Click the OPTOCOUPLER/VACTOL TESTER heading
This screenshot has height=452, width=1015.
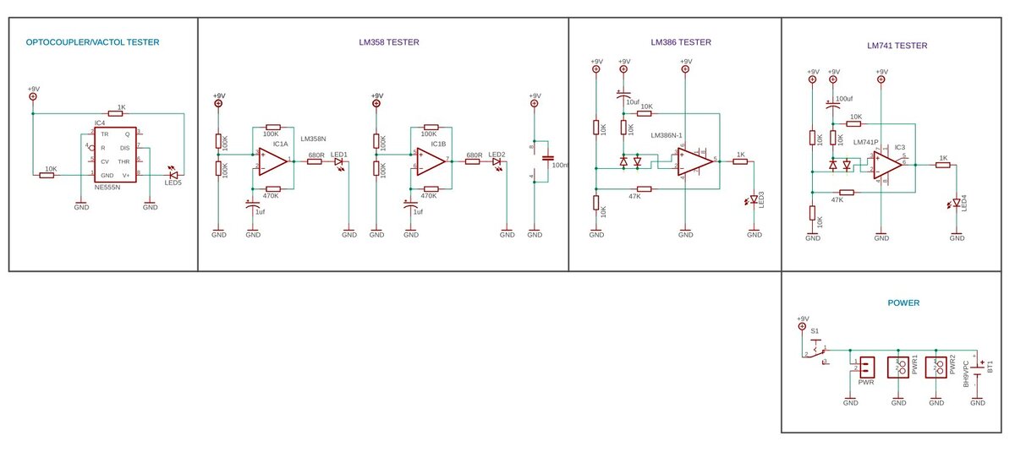[x=92, y=42]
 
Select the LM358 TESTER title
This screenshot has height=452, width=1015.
[x=388, y=42]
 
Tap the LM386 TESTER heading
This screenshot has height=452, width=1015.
[x=681, y=42]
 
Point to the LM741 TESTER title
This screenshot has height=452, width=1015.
[x=897, y=46]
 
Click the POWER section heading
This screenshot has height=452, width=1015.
[x=903, y=302]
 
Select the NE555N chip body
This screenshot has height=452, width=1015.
[x=116, y=154]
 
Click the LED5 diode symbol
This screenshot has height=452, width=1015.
[x=173, y=175]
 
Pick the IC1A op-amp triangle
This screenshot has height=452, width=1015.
[x=272, y=160]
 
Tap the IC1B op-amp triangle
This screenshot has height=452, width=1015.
[x=431, y=160]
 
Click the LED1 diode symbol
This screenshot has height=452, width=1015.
[x=338, y=161]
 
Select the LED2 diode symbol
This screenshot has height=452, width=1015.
[x=497, y=161]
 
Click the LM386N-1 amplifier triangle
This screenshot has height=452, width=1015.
[x=695, y=160]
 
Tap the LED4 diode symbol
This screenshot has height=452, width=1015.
[x=957, y=203]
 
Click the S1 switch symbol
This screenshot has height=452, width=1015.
[x=815, y=349]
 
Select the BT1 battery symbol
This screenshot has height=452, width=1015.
[x=979, y=369]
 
